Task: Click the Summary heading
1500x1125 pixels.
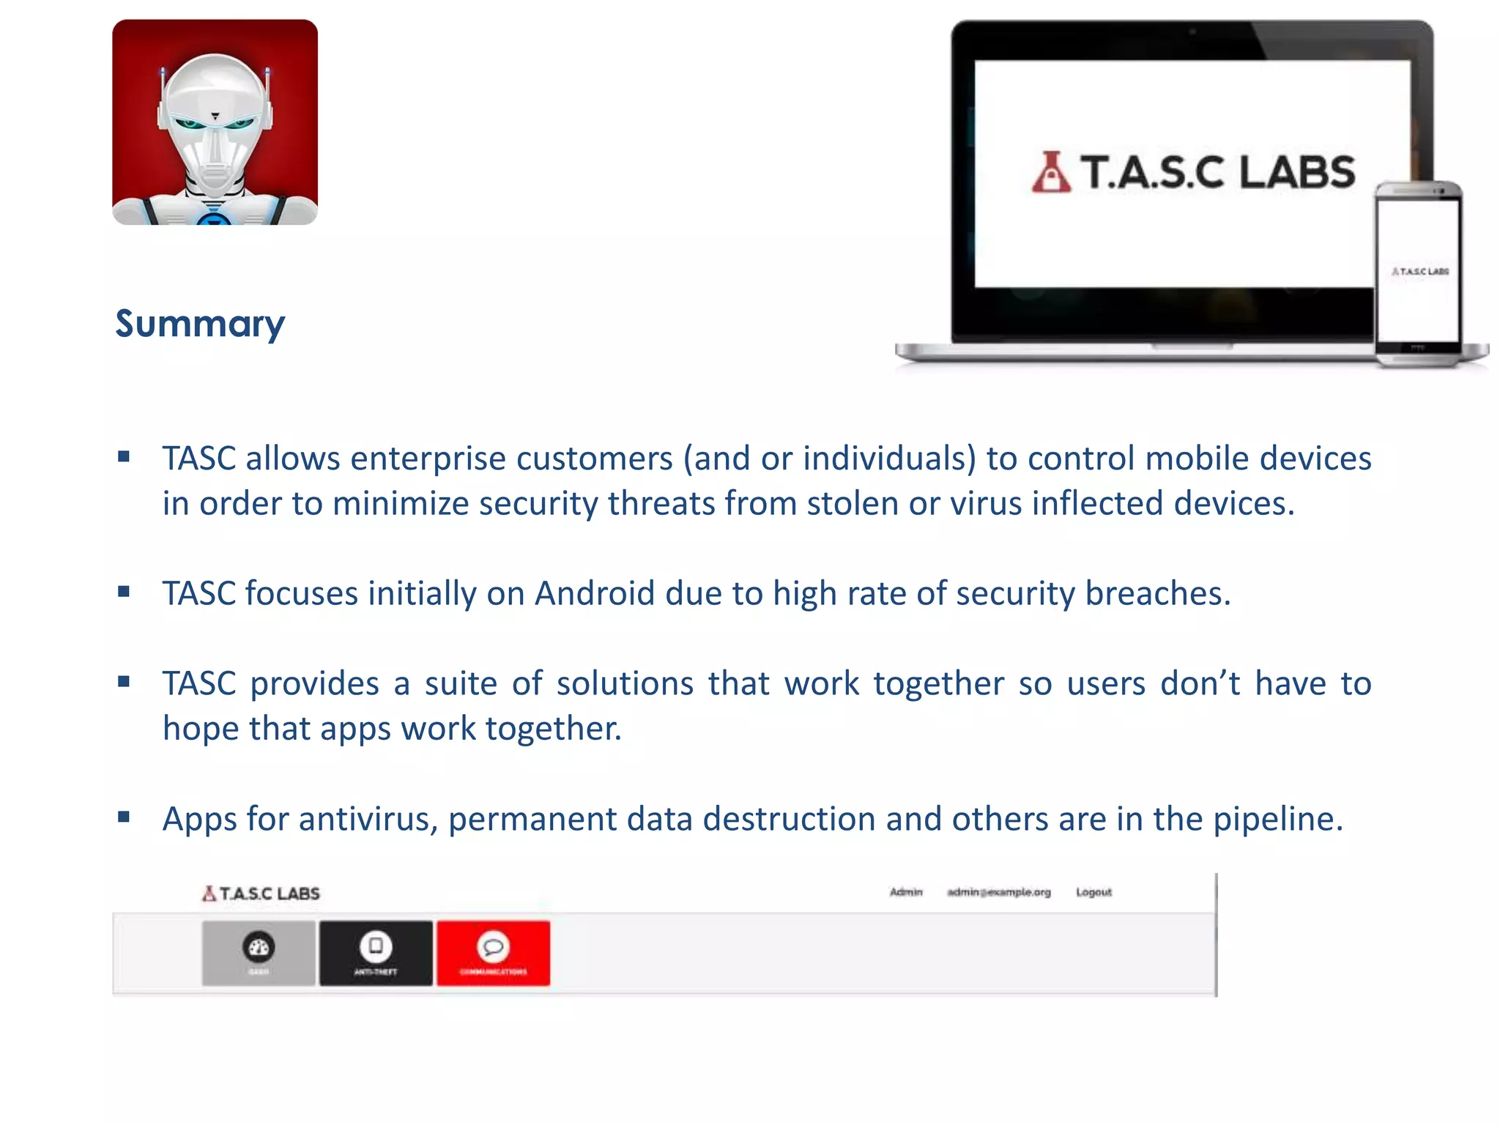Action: pyautogui.click(x=200, y=324)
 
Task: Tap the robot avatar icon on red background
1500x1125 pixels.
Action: pyautogui.click(x=215, y=122)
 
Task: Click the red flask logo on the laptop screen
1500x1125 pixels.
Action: pyautogui.click(x=1051, y=173)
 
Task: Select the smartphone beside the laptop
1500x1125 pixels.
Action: pyautogui.click(x=1418, y=274)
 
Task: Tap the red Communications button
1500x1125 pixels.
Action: pyautogui.click(x=493, y=953)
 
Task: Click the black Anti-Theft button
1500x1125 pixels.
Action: pyautogui.click(x=376, y=953)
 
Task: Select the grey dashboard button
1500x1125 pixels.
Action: pyautogui.click(x=259, y=953)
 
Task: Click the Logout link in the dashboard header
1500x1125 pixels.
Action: pyautogui.click(x=1094, y=892)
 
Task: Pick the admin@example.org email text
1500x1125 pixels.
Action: pyautogui.click(x=999, y=892)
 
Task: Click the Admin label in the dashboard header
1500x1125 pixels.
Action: pyautogui.click(x=906, y=892)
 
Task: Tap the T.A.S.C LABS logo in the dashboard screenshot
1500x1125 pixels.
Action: pyautogui.click(x=261, y=894)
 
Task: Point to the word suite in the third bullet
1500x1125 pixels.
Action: pyautogui.click(x=461, y=683)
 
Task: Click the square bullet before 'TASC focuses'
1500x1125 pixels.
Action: pyautogui.click(x=124, y=591)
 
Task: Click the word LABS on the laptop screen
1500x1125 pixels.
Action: pyautogui.click(x=1297, y=173)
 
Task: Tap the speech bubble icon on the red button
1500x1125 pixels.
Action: pyautogui.click(x=493, y=946)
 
